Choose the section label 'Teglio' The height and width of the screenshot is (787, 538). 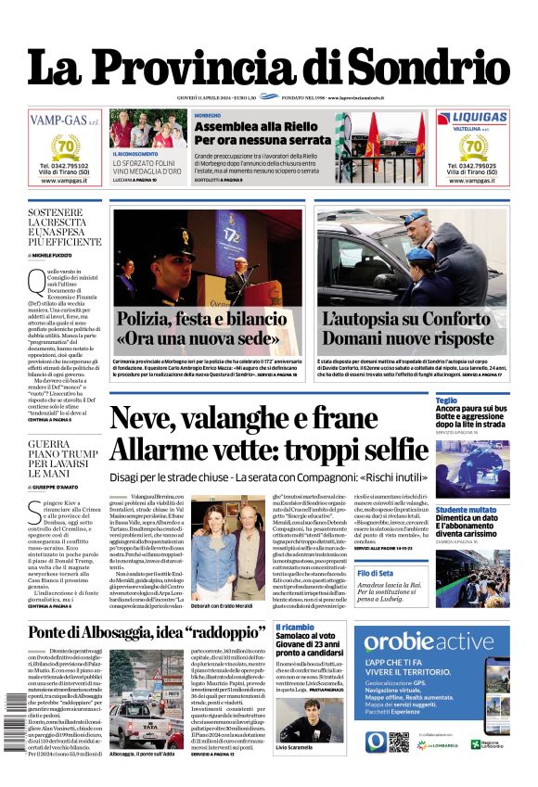[446, 400]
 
